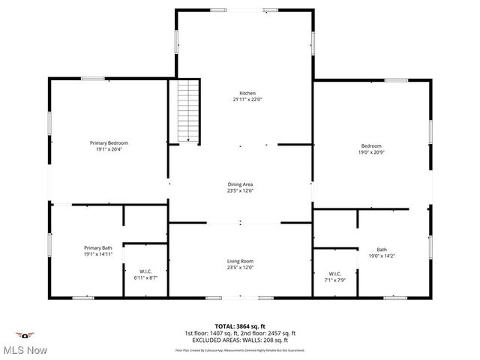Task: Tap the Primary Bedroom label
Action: coord(109,142)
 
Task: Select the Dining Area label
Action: coord(240,184)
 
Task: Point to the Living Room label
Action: coord(240,261)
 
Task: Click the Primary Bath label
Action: coord(98,247)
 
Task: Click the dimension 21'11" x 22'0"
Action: coord(247,100)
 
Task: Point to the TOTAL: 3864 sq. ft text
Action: coord(240,326)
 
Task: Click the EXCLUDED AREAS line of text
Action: coord(240,340)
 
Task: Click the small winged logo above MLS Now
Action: coord(25,334)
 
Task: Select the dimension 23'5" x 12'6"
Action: coord(240,190)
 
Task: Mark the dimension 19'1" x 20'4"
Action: coord(109,149)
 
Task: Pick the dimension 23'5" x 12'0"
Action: coord(240,268)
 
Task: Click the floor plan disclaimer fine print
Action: coord(240,349)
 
